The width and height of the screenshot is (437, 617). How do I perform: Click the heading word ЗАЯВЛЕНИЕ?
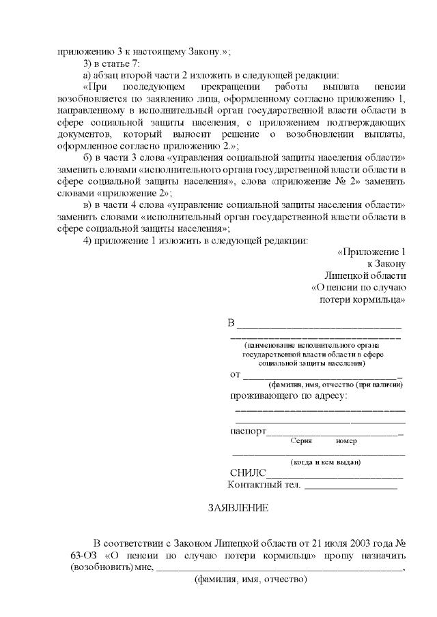pyautogui.click(x=238, y=508)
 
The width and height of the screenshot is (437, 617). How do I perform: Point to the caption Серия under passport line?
pyautogui.click(x=301, y=441)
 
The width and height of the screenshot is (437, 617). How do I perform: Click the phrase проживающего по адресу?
pyautogui.click(x=289, y=395)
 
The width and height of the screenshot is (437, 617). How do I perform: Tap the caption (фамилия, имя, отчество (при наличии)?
pyautogui.click(x=335, y=385)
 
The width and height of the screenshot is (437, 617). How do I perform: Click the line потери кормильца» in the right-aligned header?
pyautogui.click(x=363, y=299)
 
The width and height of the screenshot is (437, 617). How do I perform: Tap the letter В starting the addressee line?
pyautogui.click(x=231, y=322)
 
